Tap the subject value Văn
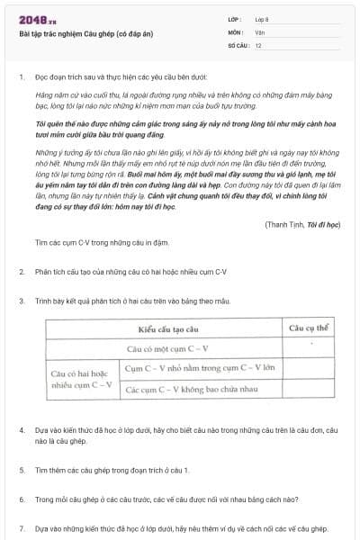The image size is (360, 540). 259,31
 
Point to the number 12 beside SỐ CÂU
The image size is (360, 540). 258,44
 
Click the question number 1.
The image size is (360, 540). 21,76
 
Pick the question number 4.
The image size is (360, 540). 21,430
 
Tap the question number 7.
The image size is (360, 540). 21,528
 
